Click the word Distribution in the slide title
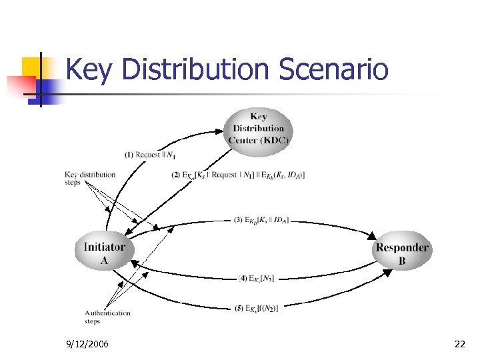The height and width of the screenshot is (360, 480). (x=194, y=70)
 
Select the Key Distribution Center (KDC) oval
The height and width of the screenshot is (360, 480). (x=259, y=129)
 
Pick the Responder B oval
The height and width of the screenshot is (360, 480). (x=402, y=254)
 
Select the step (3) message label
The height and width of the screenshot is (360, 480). (x=262, y=220)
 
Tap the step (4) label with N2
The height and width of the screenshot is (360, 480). (x=257, y=278)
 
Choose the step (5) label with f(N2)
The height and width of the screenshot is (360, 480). (x=257, y=307)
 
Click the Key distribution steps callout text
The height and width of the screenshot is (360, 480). (x=90, y=178)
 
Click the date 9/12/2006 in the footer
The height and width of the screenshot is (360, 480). (x=89, y=344)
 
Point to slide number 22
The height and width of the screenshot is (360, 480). (x=459, y=344)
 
